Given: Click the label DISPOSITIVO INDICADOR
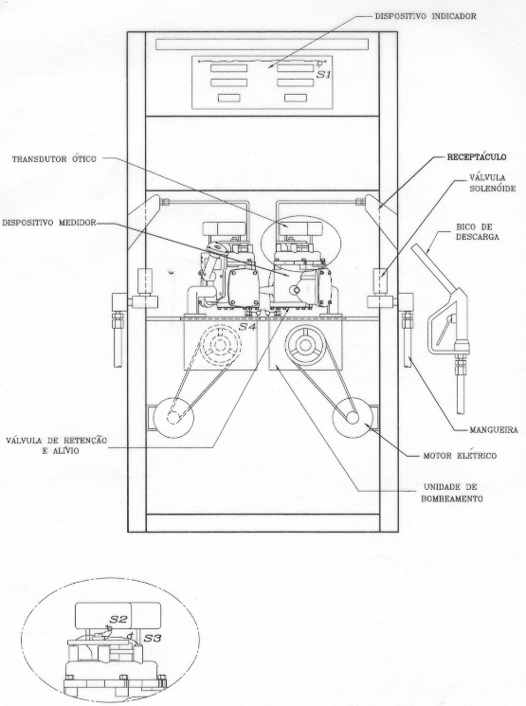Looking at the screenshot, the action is point(426,16).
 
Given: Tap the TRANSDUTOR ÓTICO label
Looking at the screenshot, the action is point(54,159).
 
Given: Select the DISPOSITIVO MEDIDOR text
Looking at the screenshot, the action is point(49,223).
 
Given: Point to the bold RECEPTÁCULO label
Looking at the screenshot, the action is point(477,157).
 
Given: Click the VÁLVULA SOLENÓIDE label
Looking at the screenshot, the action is point(492,183).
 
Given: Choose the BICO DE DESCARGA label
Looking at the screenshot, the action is point(478,231).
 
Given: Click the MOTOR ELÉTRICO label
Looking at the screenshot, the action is point(460,456).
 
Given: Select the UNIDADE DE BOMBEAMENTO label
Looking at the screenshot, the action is point(452,493).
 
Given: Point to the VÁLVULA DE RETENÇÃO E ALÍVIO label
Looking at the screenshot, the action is point(57,444).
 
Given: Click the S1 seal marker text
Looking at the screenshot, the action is point(323,74).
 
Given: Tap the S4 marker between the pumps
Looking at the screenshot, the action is point(247,327).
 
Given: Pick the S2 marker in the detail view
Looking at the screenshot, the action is point(118,619).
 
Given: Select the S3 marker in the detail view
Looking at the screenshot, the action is point(152,638).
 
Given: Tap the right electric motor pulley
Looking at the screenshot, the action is point(353,418).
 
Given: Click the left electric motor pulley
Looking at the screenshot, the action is point(173,418).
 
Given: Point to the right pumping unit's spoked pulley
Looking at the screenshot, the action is point(305,345).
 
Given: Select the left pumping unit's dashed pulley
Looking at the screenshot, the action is point(220,345).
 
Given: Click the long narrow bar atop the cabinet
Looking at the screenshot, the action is point(263,45).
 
